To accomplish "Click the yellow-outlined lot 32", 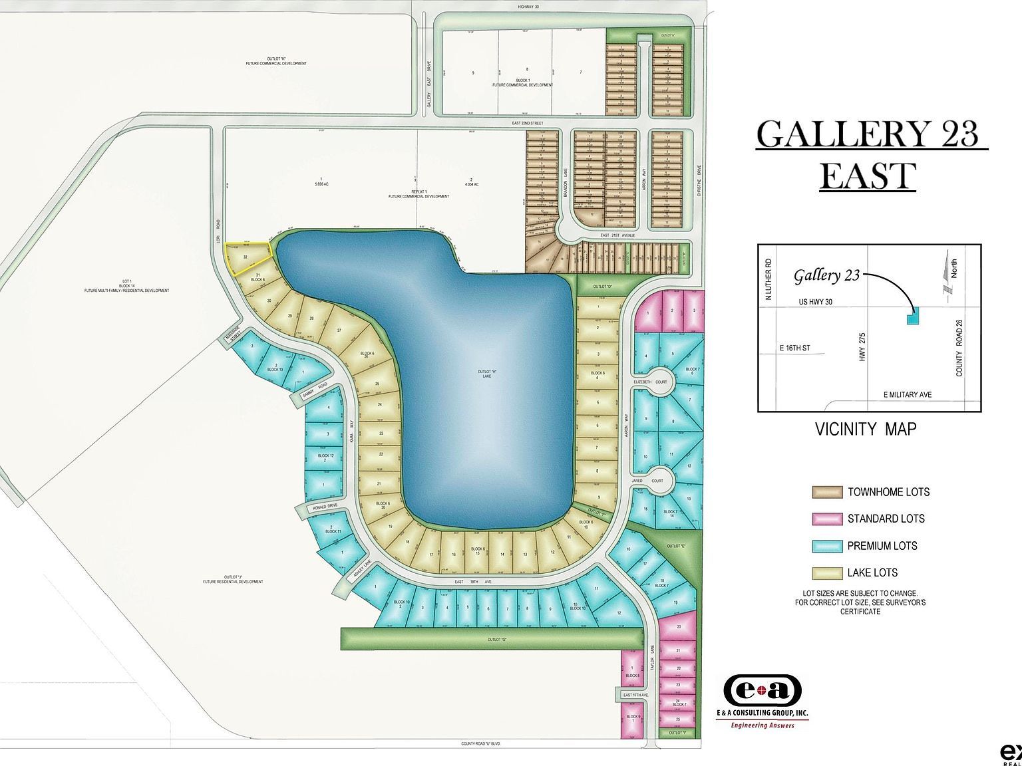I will coord(248,257).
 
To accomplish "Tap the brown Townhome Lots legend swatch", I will coord(827,492).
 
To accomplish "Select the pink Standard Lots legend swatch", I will coord(827,519).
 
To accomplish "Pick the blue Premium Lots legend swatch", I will coord(827,546).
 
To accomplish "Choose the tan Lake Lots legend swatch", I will coord(827,573).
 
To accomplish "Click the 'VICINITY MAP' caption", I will coord(865,429).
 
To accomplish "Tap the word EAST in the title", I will coord(868,176).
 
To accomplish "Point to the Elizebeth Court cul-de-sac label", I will coord(653,382).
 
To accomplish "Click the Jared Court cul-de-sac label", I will coord(657,480).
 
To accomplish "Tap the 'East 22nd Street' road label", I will coord(528,123).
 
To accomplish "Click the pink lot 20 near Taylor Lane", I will coord(679,627).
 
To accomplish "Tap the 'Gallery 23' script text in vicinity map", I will coord(826,276).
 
